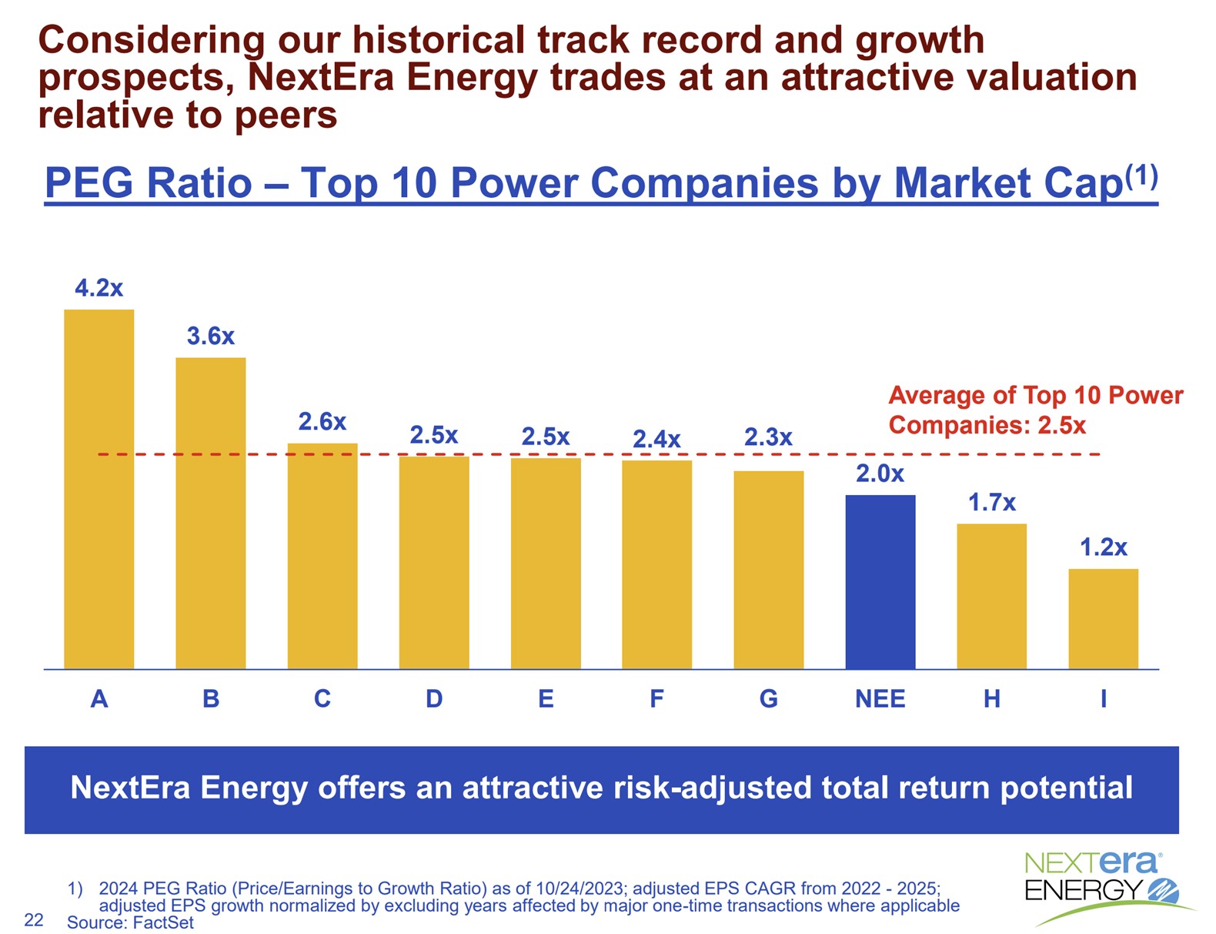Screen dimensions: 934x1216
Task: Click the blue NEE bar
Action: [880, 581]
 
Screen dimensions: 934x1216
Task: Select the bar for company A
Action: [99, 489]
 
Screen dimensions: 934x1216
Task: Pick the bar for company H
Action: [991, 596]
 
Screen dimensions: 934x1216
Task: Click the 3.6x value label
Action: [210, 336]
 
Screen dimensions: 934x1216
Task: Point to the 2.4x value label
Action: [656, 440]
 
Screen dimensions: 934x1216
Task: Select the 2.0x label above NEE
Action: [880, 474]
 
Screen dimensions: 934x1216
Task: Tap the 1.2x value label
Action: [1103, 547]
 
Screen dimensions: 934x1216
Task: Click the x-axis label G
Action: [768, 699]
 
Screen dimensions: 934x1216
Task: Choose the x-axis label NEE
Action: [880, 699]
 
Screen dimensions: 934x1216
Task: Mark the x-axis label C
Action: [322, 699]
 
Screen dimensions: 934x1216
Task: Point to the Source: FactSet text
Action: [130, 922]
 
